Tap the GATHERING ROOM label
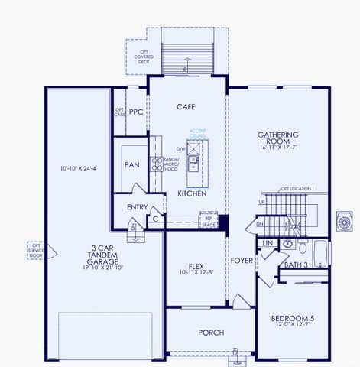(x=277, y=138)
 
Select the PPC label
(x=136, y=112)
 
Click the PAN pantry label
(x=131, y=164)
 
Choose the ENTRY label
(x=138, y=207)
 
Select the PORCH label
(x=210, y=333)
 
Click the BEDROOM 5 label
(x=292, y=319)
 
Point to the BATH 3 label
(x=295, y=265)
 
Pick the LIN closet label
(x=267, y=243)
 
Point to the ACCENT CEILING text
(x=198, y=133)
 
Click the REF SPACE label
(x=206, y=221)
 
